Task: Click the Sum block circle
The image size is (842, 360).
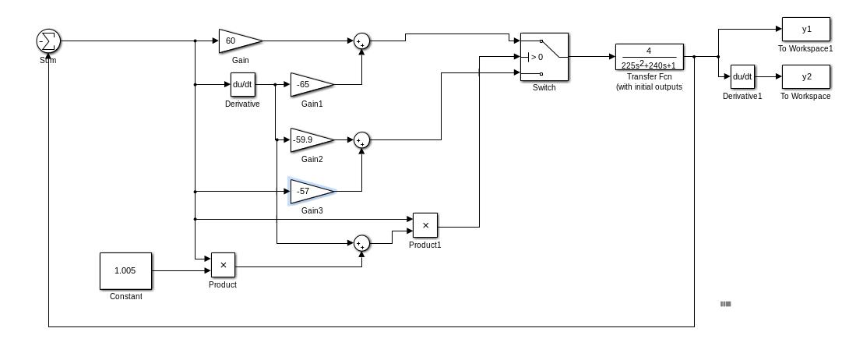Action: (x=48, y=41)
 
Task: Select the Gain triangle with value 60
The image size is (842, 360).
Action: (x=238, y=41)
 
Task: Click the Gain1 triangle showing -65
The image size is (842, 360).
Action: (x=309, y=84)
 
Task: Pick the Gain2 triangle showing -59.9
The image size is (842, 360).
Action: (x=309, y=140)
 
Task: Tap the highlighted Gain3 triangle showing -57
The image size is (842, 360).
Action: (x=309, y=191)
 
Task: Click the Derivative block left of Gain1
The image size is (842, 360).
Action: (x=243, y=84)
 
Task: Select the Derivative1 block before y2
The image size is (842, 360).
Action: (x=743, y=76)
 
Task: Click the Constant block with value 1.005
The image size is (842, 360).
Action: (x=125, y=270)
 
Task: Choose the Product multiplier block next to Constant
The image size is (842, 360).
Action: (x=223, y=266)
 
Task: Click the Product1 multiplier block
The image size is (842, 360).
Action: (x=425, y=226)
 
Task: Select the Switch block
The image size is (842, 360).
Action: (x=544, y=56)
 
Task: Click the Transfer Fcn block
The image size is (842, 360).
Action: (x=649, y=56)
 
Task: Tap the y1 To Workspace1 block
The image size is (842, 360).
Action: (x=806, y=30)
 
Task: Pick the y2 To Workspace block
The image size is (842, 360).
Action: (x=806, y=76)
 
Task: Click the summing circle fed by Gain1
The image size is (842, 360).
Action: (x=361, y=41)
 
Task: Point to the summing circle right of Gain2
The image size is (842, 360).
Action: (x=361, y=140)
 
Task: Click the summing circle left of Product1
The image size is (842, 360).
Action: (x=361, y=244)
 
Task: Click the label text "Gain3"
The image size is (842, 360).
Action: (x=312, y=210)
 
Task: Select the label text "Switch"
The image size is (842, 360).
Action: (x=544, y=87)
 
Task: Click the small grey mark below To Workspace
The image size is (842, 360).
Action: (x=726, y=304)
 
